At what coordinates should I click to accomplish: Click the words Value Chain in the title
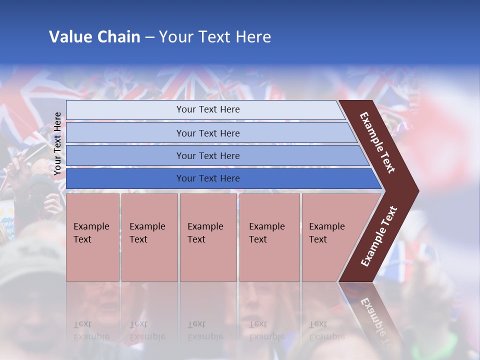pyautogui.click(x=94, y=37)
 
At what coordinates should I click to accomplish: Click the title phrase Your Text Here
pyautogui.click(x=215, y=37)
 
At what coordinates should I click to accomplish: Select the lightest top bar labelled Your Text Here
pyautogui.click(x=208, y=109)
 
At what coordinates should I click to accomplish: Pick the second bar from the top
pyautogui.click(x=208, y=133)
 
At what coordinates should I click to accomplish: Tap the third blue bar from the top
pyautogui.click(x=208, y=155)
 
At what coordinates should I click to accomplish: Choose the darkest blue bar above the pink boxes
pyautogui.click(x=208, y=178)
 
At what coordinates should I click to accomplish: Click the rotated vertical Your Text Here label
pyautogui.click(x=58, y=143)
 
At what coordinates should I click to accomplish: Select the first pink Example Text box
pyautogui.click(x=92, y=237)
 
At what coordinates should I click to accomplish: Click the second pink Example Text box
pyautogui.click(x=149, y=237)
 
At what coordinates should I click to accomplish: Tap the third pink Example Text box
pyautogui.click(x=207, y=237)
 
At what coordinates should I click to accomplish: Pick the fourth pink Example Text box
pyautogui.click(x=269, y=237)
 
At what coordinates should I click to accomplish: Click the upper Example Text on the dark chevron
pyautogui.click(x=377, y=143)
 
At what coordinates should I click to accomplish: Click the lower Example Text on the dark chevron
pyautogui.click(x=379, y=236)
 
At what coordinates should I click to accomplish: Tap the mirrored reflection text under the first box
pyautogui.click(x=91, y=330)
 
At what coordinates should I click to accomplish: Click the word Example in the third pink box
pyautogui.click(x=205, y=226)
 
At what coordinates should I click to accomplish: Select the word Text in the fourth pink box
pyautogui.click(x=258, y=239)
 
